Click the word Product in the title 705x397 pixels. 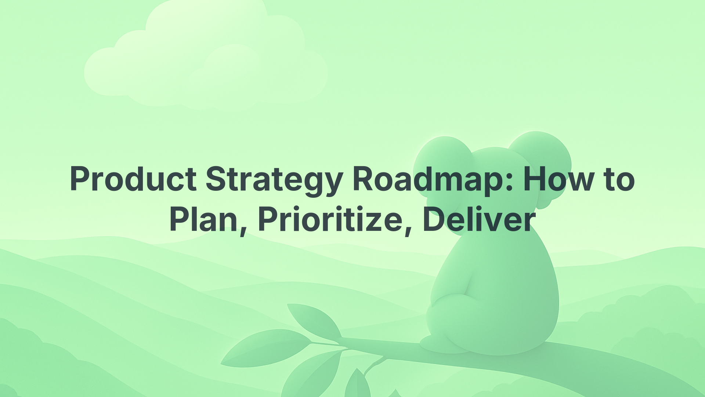tap(133, 179)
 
